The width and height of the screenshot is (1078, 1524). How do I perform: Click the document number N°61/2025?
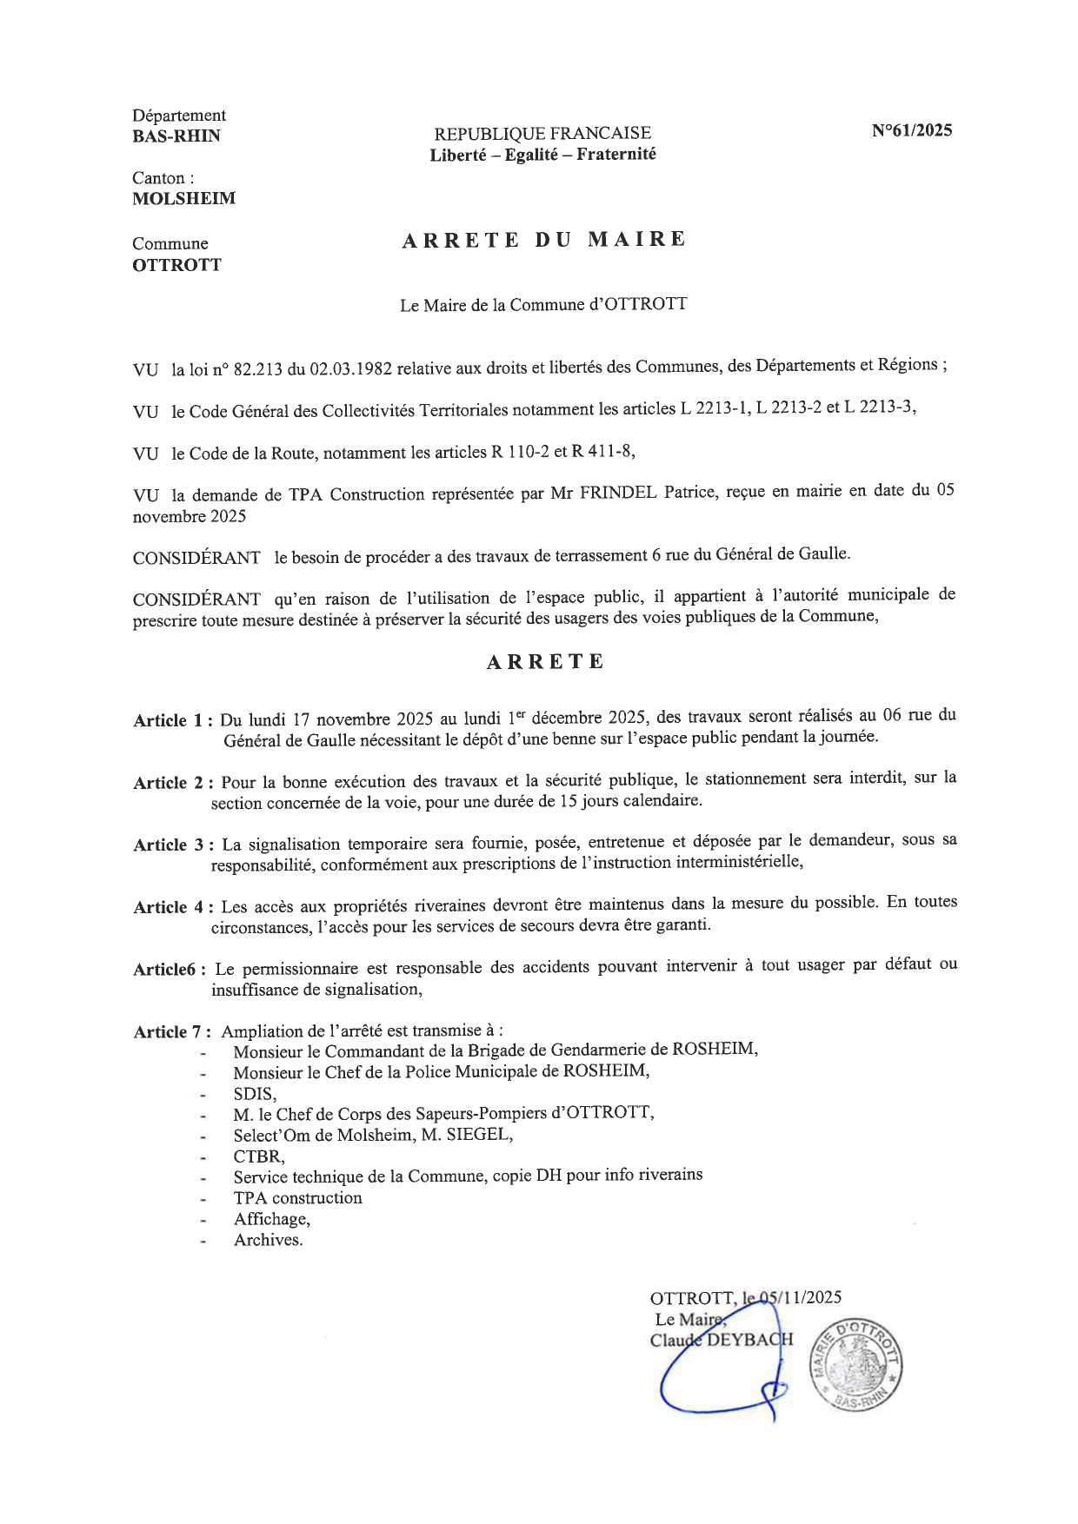tap(912, 130)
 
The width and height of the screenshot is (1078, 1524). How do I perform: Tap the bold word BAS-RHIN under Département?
tap(176, 136)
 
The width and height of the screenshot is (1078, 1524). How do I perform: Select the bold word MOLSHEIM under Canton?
tap(183, 198)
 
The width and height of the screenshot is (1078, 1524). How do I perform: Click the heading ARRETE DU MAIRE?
tap(543, 240)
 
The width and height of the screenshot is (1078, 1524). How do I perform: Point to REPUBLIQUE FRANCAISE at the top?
tap(542, 133)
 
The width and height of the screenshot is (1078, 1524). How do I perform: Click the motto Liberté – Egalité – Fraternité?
tap(542, 155)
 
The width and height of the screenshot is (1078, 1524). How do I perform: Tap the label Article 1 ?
tap(173, 720)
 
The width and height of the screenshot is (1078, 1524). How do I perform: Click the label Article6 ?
tap(170, 970)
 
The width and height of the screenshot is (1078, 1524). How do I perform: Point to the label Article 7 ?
tap(172, 1032)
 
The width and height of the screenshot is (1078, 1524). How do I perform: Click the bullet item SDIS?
tap(255, 1094)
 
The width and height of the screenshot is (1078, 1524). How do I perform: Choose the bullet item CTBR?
tap(258, 1156)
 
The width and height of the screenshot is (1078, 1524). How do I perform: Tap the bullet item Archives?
tap(268, 1240)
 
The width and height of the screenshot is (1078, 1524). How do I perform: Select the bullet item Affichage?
tap(271, 1219)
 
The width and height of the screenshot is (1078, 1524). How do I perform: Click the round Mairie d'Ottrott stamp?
tap(856, 1365)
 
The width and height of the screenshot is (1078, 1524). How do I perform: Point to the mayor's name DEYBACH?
tap(749, 1339)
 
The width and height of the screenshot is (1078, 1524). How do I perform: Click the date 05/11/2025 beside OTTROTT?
tap(801, 1297)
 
